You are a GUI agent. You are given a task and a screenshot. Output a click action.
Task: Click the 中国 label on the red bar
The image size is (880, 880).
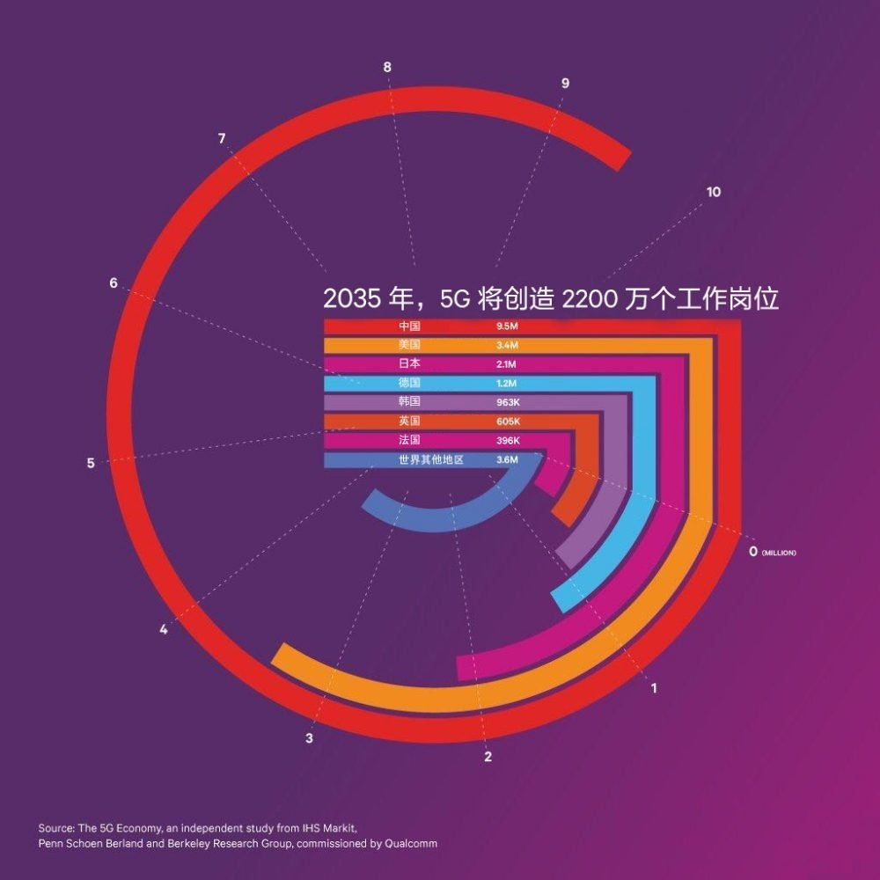click(x=409, y=326)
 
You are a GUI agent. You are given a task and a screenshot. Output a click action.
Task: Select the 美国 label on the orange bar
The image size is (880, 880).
click(x=409, y=345)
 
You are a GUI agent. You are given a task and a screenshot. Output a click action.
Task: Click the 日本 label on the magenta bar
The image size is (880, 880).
click(x=409, y=364)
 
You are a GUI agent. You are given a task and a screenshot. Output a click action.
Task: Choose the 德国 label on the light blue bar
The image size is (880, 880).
click(x=409, y=384)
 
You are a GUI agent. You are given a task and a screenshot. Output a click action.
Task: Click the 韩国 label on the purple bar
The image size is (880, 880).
click(x=409, y=402)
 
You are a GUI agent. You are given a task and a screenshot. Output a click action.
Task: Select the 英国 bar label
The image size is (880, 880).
click(x=409, y=422)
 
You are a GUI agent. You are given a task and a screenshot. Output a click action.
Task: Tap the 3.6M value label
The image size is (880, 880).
click(x=507, y=459)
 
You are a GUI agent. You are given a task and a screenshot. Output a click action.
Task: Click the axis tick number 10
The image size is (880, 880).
click(x=714, y=192)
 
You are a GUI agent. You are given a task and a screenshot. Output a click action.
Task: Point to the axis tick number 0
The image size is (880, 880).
click(x=752, y=552)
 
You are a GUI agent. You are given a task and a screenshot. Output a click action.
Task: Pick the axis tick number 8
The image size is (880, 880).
click(x=387, y=67)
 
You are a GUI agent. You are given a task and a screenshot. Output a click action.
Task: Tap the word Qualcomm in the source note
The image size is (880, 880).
click(x=409, y=844)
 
